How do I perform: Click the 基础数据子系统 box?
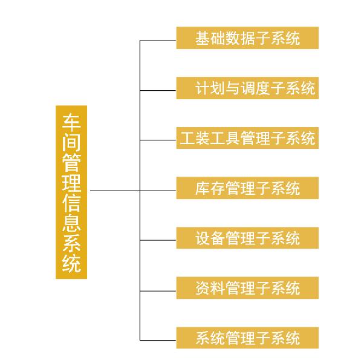pos(247,38)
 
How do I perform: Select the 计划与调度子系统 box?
pos(247,88)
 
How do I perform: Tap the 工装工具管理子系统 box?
pos(247,138)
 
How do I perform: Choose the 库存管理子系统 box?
pos(247,188)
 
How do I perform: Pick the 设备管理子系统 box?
pos(247,238)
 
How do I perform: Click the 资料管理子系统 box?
pos(247,288)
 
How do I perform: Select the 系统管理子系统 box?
pos(247,338)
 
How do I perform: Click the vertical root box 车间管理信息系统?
pos(71,192)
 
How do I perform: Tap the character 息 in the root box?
pos(71,222)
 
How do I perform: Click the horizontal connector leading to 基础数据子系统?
pos(158,41)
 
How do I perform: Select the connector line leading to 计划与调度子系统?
pos(158,91)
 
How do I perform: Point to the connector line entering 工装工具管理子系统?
pos(158,140)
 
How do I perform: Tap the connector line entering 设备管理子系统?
pos(158,240)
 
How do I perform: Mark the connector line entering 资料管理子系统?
pos(158,291)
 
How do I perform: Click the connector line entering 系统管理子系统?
pos(158,340)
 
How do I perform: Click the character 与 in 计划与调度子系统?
pos(233,88)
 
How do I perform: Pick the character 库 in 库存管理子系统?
pos(203,188)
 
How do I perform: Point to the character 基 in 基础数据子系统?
pos(203,38)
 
